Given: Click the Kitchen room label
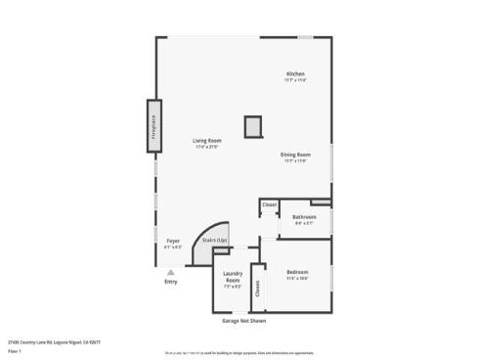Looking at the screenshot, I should pos(295,74).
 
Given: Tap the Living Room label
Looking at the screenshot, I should pos(206,141).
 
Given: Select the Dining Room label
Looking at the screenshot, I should pos(295,155).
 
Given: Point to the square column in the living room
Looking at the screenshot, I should pos(253,125).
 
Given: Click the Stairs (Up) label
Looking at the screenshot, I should pos(214,240).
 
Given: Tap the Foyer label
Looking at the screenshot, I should pos(172,240).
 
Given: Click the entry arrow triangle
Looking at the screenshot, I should pos(171,272).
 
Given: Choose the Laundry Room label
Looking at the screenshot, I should pos(232,276).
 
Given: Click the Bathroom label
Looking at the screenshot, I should pos(304,216).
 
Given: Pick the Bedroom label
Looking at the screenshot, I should pos(297,272).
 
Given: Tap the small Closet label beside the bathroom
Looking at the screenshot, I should pos(269,204).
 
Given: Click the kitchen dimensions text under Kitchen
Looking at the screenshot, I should pos(295,81).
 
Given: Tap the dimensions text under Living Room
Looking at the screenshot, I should pos(206,148).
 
